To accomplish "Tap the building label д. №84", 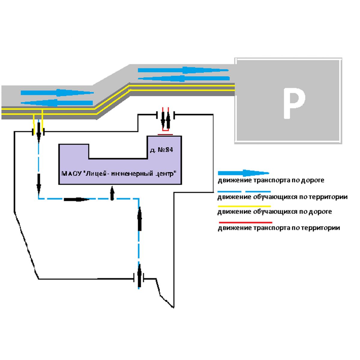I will click(x=161, y=150).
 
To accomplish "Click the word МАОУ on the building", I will click(x=70, y=174).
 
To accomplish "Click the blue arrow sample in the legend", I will click(x=243, y=173).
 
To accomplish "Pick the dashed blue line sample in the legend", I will click(x=244, y=191).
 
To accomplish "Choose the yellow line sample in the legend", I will click(x=244, y=206).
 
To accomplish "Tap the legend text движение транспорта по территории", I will click(x=279, y=228).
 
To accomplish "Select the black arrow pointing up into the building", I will click(x=112, y=193).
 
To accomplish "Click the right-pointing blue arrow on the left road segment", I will click(x=57, y=92).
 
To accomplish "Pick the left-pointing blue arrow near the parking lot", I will click(x=184, y=79).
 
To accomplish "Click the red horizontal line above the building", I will click(x=165, y=135).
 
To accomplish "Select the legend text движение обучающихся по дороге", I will click(x=275, y=212).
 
